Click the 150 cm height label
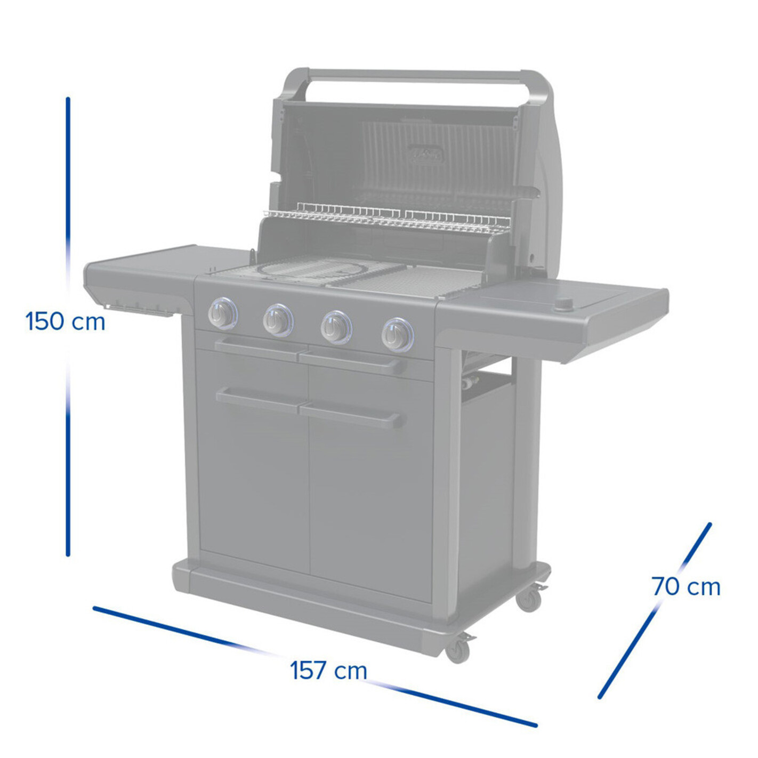point(65,321)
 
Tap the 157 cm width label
point(328,671)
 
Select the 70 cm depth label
point(686,587)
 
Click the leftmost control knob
point(223,313)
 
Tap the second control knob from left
point(278,319)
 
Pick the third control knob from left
point(336,327)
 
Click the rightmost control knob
point(397,334)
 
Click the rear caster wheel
point(529,599)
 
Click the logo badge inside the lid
point(426,155)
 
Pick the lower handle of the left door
point(260,399)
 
